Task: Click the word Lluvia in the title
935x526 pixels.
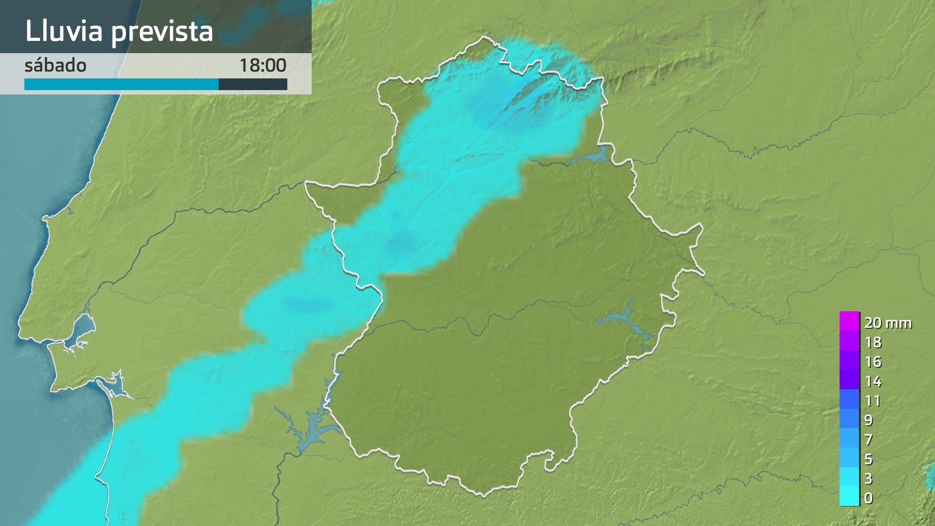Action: click(64, 31)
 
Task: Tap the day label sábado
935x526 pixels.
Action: click(55, 65)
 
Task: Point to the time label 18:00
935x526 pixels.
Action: click(262, 65)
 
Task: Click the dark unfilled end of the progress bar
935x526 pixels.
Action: click(253, 84)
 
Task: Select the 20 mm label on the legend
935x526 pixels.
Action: click(888, 322)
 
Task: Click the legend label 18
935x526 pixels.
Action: click(873, 342)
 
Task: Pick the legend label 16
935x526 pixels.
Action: click(873, 362)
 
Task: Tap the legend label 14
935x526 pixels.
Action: click(873, 381)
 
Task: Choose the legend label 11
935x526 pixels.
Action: click(873, 401)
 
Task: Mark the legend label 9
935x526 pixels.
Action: click(868, 420)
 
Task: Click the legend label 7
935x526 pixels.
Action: click(868, 439)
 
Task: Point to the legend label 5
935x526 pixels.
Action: click(868, 459)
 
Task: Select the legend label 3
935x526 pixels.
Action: click(868, 478)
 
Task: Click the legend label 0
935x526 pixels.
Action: click(868, 498)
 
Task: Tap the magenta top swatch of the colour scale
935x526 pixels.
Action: click(849, 321)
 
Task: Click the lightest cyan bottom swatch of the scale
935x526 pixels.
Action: click(849, 497)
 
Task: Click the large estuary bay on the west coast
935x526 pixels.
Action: click(83, 325)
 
